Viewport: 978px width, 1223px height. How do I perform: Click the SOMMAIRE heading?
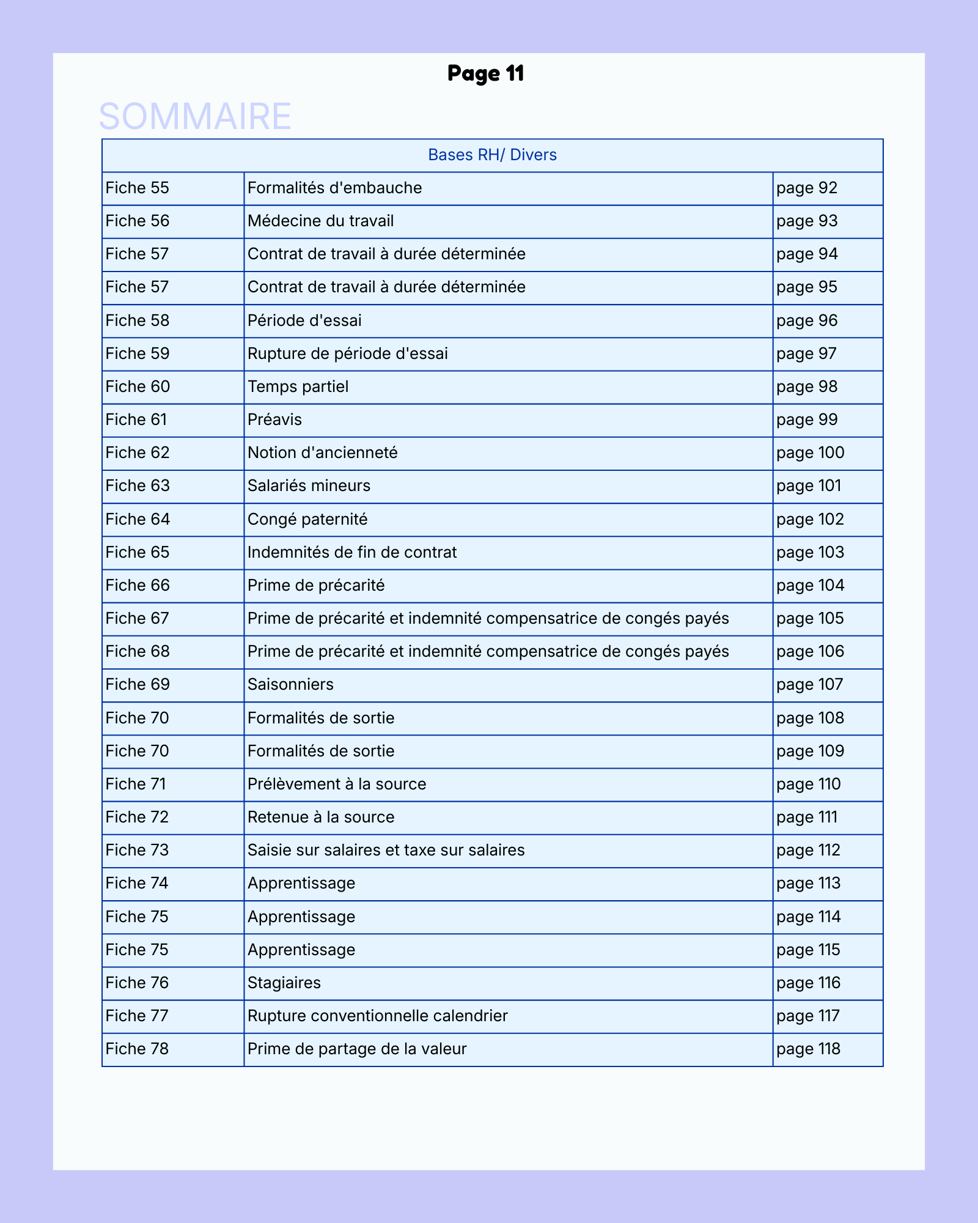coord(195,116)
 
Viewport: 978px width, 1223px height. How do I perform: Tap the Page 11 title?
coord(486,73)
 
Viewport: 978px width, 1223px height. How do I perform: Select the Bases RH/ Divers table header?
coord(492,155)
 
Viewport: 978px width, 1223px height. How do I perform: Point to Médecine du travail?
coord(321,221)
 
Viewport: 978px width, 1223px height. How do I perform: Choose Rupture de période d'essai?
coord(348,353)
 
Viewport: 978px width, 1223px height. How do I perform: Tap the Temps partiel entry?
coord(298,386)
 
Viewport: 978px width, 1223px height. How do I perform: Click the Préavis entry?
coord(275,419)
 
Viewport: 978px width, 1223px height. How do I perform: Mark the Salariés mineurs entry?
coord(309,486)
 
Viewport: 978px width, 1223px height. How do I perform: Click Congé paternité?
coord(308,519)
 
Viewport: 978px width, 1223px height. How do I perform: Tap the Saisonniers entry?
coord(291,684)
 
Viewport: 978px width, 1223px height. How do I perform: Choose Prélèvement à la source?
coord(337,784)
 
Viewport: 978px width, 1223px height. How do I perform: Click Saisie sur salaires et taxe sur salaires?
coord(386,850)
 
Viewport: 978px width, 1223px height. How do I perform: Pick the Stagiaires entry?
coord(284,983)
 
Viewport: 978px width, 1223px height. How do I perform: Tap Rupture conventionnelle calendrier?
coord(378,1016)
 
